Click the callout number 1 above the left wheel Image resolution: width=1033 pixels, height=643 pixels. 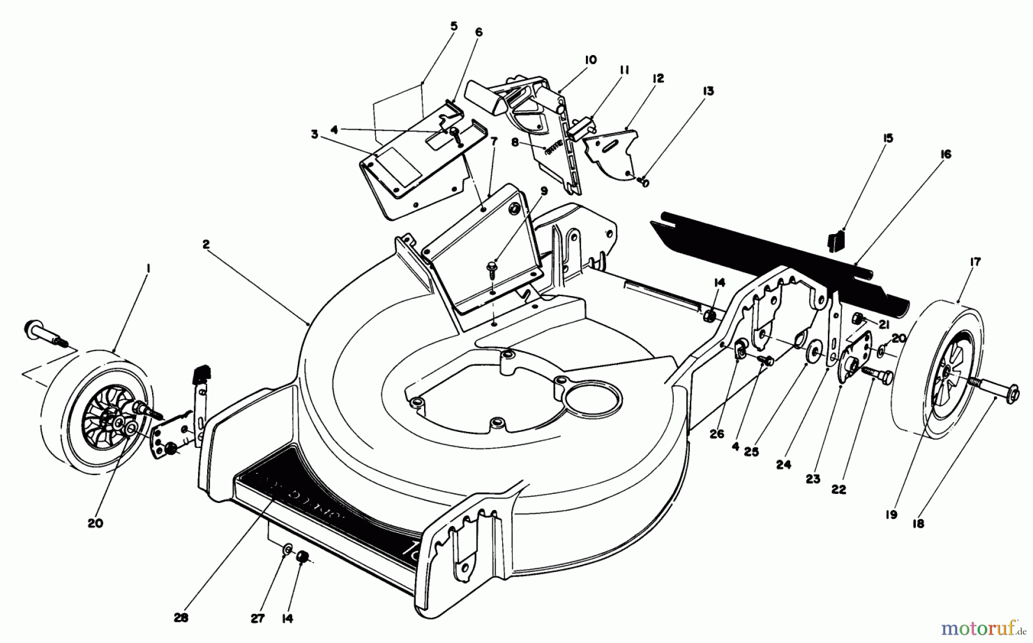[147, 268]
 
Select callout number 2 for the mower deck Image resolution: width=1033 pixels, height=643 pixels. [206, 244]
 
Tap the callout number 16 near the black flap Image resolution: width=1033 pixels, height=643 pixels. [945, 154]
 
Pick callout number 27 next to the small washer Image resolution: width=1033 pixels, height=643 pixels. [258, 619]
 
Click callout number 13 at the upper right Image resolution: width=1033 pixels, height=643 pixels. [709, 91]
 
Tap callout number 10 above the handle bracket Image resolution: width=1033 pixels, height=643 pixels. [591, 60]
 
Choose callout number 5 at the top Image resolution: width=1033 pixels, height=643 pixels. [454, 25]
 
